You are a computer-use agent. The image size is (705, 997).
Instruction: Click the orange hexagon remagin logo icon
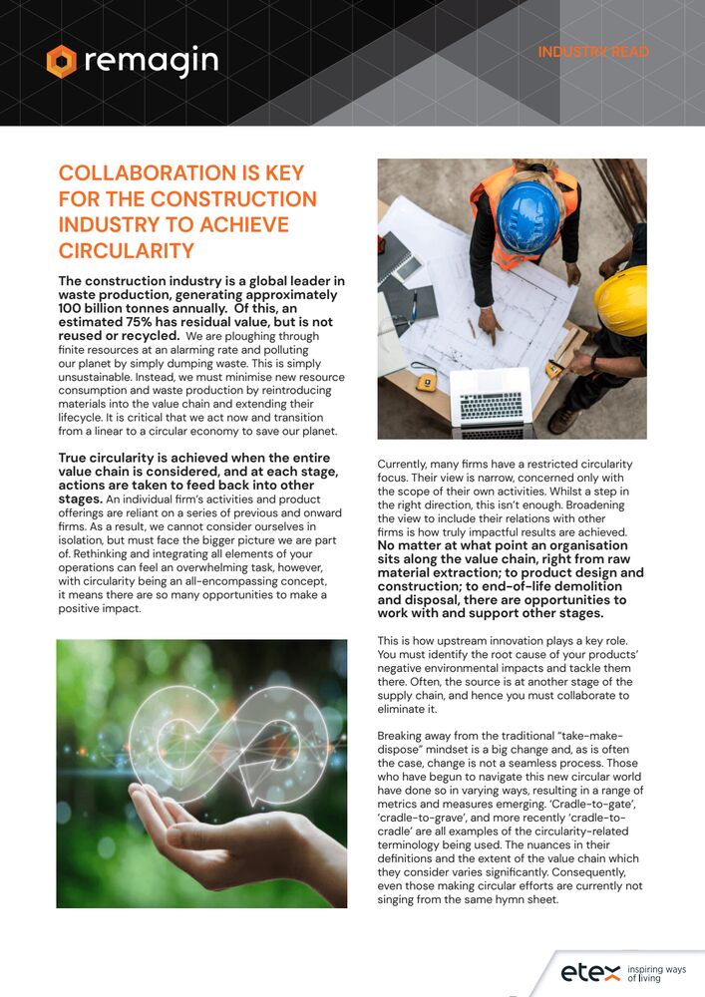(61, 61)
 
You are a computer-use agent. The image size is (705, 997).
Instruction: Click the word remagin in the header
(150, 61)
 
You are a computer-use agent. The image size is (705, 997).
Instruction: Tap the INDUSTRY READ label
(593, 52)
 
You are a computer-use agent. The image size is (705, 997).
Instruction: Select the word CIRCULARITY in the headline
(126, 250)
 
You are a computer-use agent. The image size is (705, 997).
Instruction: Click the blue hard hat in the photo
(528, 215)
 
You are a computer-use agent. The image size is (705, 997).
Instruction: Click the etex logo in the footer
(589, 971)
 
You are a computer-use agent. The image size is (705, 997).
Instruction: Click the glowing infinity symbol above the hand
(229, 732)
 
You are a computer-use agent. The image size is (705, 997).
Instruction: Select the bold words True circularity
(118, 458)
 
